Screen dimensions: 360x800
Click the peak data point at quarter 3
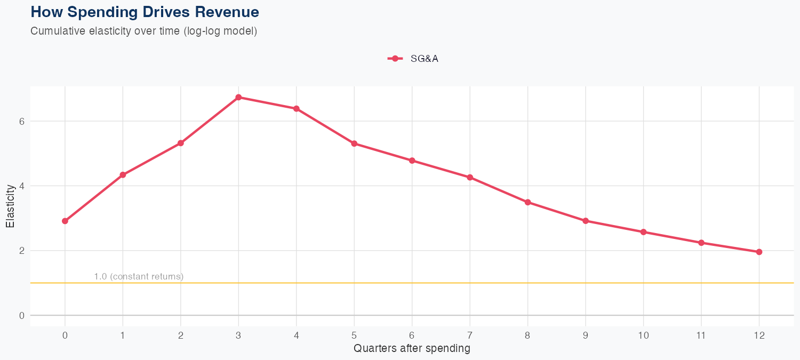[238, 97]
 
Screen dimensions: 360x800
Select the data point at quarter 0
[65, 221]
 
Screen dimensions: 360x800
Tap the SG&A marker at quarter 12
[759, 252]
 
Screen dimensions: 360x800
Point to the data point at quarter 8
[527, 202]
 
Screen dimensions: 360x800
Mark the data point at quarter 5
[354, 143]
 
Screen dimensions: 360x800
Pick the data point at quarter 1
[123, 175]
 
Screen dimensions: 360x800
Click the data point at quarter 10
[643, 232]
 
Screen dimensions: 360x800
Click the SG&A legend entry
[413, 59]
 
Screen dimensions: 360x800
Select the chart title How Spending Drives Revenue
[145, 12]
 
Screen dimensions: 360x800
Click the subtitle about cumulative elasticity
[144, 31]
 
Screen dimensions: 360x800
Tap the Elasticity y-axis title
[10, 206]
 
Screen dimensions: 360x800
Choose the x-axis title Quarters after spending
[412, 349]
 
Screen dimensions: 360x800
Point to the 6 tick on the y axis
[22, 121]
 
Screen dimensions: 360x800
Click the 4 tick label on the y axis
[22, 186]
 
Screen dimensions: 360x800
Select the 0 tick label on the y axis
[22, 316]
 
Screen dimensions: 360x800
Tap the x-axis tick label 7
[470, 335]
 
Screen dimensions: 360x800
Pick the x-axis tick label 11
[701, 335]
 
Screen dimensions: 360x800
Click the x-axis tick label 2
[181, 335]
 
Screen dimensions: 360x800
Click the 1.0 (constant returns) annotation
[139, 276]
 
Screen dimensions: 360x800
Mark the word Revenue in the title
[231, 12]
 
